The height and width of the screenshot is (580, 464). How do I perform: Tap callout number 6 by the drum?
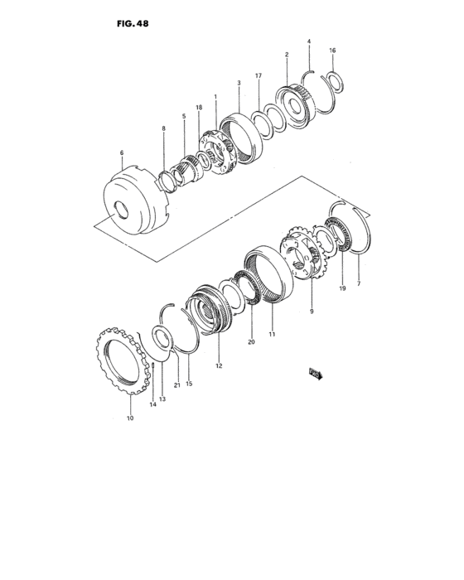pos(121,152)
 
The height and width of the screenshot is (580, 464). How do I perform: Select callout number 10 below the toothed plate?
pos(129,418)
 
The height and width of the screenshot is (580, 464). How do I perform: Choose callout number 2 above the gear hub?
pos(287,55)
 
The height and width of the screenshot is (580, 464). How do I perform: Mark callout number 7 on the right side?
pos(359,284)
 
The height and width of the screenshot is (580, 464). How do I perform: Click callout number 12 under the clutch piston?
pos(219,365)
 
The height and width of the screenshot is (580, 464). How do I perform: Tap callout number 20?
pos(251,341)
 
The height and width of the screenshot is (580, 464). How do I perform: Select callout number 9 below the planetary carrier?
pos(312,312)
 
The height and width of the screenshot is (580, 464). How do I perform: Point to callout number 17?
pos(259,75)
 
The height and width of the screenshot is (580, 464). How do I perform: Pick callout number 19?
pos(341,288)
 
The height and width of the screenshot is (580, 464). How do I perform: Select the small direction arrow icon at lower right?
pos(315,374)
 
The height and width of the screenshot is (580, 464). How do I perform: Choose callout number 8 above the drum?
pos(163,128)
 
